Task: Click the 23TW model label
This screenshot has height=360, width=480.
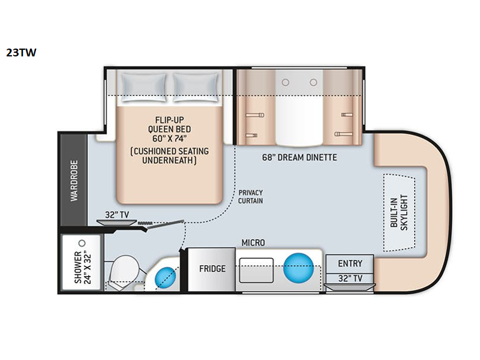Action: [x=21, y=53]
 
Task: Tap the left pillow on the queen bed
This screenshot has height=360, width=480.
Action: [x=144, y=87]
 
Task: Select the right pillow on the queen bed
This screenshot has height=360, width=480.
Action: [x=196, y=87]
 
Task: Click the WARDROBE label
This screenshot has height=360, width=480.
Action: [x=74, y=181]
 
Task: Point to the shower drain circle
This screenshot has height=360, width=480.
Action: [x=82, y=244]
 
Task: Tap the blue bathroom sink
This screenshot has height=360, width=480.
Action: [x=166, y=277]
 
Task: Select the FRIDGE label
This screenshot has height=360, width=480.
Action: [x=212, y=269]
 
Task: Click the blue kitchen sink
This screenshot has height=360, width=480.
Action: [x=298, y=267]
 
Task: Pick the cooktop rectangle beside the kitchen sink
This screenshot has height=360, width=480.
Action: [x=256, y=270]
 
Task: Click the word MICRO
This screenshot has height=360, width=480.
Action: [x=253, y=243]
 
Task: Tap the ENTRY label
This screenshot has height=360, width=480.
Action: [x=350, y=263]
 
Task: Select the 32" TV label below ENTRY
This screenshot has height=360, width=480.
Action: [x=350, y=278]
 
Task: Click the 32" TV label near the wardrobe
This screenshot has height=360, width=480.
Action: [x=117, y=215]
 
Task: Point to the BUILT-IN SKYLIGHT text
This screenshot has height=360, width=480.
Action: [x=399, y=212]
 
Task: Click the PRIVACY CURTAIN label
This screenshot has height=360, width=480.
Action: [x=250, y=197]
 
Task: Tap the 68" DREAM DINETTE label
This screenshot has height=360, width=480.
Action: [x=299, y=157]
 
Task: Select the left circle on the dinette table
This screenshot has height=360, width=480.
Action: [x=286, y=82]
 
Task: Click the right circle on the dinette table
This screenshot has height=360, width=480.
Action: [x=313, y=82]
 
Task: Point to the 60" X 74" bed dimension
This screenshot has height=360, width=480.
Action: [x=169, y=139]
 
